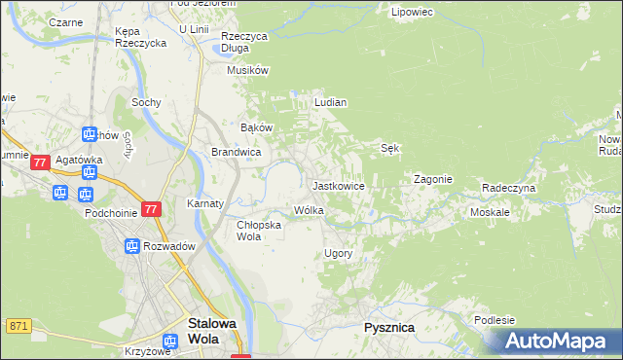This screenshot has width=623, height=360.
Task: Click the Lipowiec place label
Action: [x=411, y=13]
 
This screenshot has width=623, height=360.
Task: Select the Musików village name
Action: [x=246, y=70]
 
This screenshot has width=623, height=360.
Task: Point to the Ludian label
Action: [x=331, y=102]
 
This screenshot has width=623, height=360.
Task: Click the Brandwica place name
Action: [x=236, y=152]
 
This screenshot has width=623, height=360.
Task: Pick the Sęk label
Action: [x=389, y=149]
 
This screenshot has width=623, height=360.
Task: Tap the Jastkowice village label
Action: [x=338, y=185]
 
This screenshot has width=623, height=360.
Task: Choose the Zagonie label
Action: [x=433, y=180]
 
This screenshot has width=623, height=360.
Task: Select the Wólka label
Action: [x=309, y=210]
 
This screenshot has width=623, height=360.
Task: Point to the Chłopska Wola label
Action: [x=259, y=230]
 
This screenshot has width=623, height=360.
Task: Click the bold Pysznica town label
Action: [x=389, y=328]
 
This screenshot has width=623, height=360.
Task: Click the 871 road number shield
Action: [x=18, y=326]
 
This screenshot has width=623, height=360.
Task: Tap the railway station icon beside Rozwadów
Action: [x=131, y=246]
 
